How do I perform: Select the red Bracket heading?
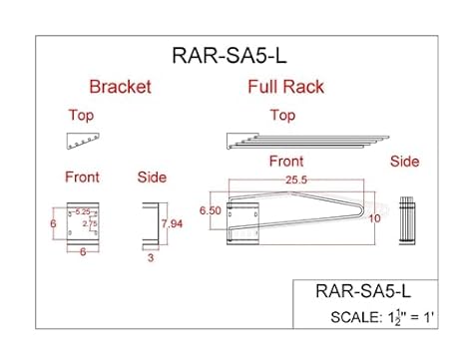[x=120, y=87]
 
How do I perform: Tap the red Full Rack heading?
[x=285, y=87]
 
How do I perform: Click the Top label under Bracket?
[x=81, y=116]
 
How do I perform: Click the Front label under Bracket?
[x=82, y=178]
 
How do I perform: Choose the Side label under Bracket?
[x=151, y=178]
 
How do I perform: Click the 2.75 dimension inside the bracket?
[x=89, y=224]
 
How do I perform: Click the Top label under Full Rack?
[x=283, y=116]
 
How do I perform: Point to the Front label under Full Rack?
[x=286, y=161]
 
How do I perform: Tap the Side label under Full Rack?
[x=404, y=161]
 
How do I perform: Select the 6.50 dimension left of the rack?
[x=210, y=211]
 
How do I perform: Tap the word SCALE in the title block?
[x=352, y=318]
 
